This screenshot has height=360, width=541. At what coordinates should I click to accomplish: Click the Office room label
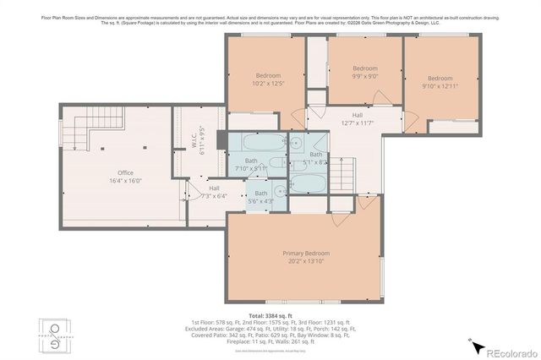coord(119,175)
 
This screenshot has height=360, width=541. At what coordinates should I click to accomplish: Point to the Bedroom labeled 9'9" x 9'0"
coord(364,72)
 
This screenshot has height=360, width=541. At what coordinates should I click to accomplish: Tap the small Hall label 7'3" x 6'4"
coord(214,192)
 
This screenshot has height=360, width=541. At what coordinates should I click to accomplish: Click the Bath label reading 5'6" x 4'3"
coord(260,198)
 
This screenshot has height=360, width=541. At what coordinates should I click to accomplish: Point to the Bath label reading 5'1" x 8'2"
coord(315,158)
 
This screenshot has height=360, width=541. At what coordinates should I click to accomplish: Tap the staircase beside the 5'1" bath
coord(340,174)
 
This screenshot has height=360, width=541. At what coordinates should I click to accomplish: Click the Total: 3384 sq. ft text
coord(270,314)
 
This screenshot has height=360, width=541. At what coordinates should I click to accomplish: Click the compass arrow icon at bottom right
coord(475,346)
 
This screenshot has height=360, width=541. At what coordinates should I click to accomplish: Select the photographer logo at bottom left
coord(55,335)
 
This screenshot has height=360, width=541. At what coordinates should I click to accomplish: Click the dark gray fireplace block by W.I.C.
coord(221,139)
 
